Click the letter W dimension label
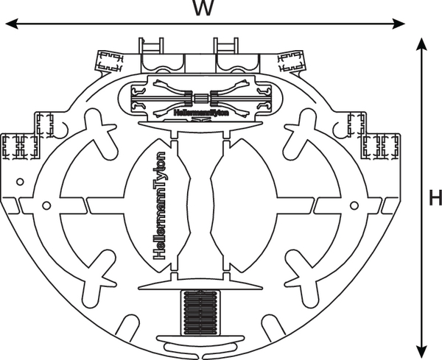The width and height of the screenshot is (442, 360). pos(204,7)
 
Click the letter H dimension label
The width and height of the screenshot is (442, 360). pos(435,197)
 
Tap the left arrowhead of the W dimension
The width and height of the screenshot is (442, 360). pos(12,24)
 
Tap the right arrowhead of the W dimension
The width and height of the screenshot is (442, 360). pos(399,24)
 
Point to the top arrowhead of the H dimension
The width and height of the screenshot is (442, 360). pos(421,44)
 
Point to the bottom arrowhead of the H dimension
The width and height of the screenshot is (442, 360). pos(421,351)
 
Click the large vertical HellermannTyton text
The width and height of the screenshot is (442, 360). pos(159,205)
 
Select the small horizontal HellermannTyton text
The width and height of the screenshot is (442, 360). pos(201,113)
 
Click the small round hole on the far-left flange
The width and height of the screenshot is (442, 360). pos(20,182)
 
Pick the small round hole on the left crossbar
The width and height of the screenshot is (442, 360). pos(46,205)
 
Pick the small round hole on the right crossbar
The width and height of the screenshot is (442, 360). pos(354,205)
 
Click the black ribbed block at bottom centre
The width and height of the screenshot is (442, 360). pos(200,313)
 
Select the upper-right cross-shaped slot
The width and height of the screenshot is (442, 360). pos(300,133)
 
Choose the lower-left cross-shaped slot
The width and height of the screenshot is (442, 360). pos(99,278)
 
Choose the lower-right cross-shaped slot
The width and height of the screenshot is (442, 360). pos(301,278)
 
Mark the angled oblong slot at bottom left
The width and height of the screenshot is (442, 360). pos(128,328)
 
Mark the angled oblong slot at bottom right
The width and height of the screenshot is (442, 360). pos(273,328)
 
